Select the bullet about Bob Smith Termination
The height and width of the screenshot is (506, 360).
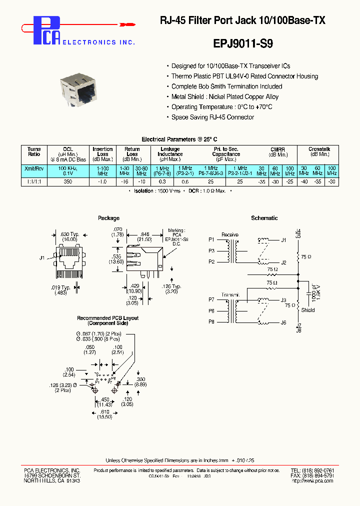coord(226,86)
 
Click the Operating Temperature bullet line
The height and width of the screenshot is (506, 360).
coord(221,107)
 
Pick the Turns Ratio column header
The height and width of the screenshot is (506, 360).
coord(34,152)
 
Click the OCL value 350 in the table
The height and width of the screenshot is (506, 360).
coord(68,182)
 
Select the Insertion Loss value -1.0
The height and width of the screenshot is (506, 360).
coord(102,182)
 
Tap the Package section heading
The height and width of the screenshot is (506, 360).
coord(108,218)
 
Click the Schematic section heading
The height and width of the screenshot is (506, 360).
coord(264,218)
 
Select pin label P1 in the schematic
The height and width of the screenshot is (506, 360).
coord(211,240)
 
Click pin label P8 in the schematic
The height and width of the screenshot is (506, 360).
coord(211,322)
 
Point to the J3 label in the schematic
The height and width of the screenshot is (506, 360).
coord(283,300)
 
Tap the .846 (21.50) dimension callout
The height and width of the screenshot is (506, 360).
coord(144,236)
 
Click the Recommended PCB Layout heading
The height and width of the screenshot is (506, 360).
coord(107,320)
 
